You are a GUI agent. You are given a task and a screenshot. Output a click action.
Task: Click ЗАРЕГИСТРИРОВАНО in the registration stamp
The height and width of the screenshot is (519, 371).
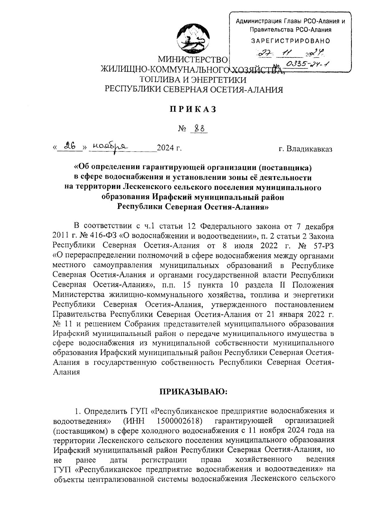291,41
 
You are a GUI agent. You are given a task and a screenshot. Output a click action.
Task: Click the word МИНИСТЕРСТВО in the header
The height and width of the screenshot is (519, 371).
193,59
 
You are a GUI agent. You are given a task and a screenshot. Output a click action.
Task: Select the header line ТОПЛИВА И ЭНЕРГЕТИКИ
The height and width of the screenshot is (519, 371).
193,79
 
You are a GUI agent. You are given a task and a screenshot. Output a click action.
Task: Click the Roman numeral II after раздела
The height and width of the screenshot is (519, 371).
283,285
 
